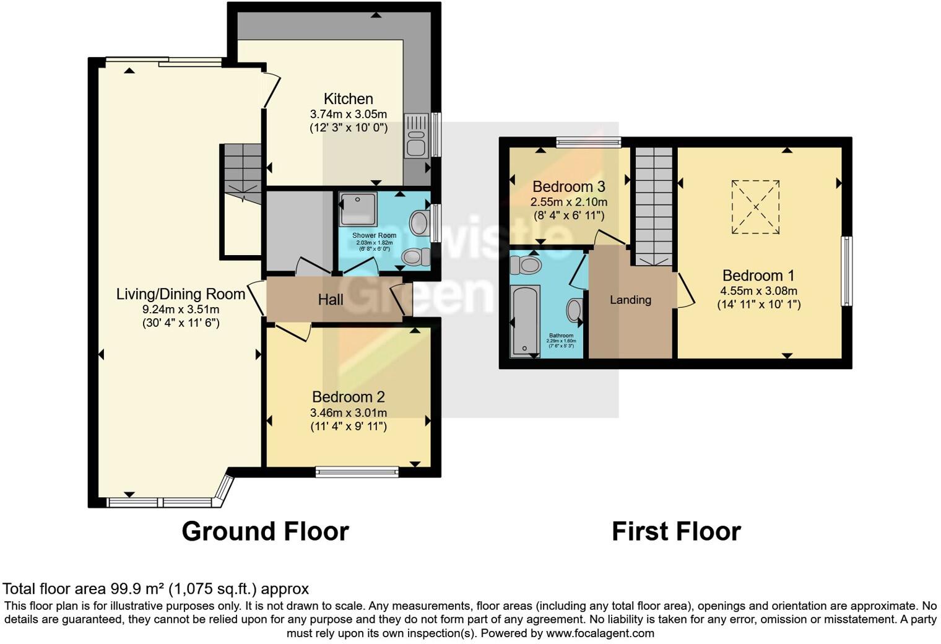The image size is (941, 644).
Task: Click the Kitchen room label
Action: (x=348, y=99)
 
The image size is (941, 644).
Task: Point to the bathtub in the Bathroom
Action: (x=525, y=321)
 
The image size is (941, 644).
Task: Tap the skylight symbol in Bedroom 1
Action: (x=755, y=207)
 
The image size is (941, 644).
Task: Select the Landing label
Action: (x=630, y=300)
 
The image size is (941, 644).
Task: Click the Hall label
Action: (x=331, y=300)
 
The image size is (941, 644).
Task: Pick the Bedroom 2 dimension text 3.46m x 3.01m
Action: (x=349, y=413)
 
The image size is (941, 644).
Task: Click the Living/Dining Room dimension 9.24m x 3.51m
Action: (x=181, y=310)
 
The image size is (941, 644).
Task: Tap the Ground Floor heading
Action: (x=265, y=531)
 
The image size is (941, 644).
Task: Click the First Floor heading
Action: (x=676, y=531)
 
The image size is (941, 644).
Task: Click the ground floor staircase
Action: (x=243, y=170)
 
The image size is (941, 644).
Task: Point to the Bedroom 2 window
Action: (x=357, y=472)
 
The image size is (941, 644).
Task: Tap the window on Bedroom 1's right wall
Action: (x=846, y=271)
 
